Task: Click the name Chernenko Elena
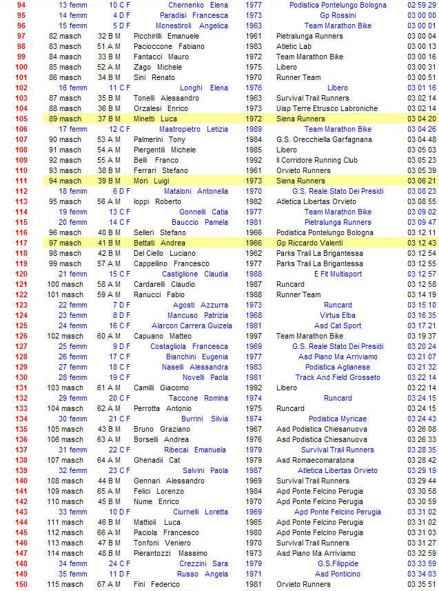click(198, 5)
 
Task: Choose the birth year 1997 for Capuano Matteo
click(253, 336)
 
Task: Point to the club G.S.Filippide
click(338, 563)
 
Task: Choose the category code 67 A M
click(110, 584)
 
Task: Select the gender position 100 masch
click(64, 284)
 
